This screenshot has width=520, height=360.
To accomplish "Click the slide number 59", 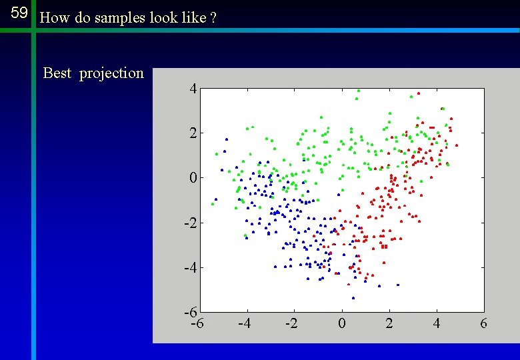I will pos(19,13).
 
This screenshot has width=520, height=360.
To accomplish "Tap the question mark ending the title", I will pos(213,18).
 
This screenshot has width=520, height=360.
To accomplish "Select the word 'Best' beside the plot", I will pos(57,73).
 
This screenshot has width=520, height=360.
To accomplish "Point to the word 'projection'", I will pos(111,73).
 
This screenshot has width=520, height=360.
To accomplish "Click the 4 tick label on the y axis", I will pos(192,89).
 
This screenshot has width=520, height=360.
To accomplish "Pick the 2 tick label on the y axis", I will pos(192,133).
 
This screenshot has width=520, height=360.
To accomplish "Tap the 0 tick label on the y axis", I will pos(192,178).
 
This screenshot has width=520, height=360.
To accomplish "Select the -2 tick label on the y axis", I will pos(190,223).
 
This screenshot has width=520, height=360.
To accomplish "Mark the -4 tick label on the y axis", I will pos(190,267).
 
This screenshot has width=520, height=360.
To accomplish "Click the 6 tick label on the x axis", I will pos(483,324).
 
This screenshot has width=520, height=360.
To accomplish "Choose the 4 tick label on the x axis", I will pos(436,324).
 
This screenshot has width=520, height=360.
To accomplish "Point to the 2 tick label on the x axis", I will pos(389,324).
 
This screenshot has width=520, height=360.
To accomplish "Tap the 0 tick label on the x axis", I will pos(342,324).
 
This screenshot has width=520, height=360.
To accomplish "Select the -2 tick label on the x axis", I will pos(292,324).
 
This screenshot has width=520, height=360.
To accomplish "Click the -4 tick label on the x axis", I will pos(245,324).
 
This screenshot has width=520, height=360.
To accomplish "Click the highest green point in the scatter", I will pos(359,90).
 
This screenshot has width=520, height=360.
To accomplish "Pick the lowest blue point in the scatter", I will pos(353,298).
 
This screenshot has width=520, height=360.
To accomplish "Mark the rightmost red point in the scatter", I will pos(457,145).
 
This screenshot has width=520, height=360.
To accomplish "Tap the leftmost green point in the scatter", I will pos(213,204).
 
